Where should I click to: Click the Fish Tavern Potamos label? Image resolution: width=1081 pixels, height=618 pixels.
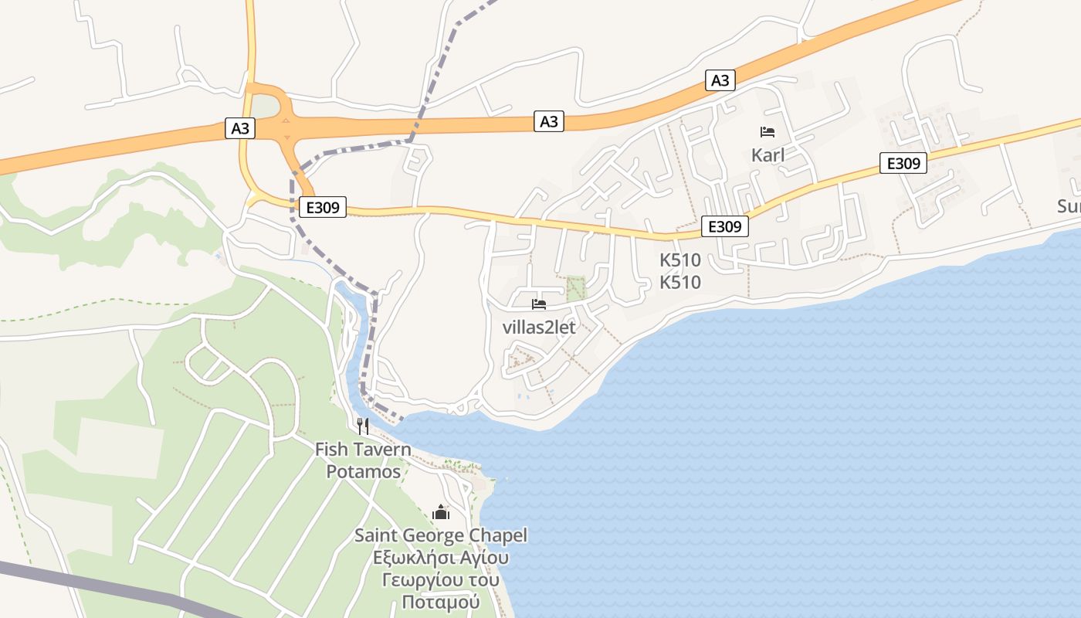coord(362,460)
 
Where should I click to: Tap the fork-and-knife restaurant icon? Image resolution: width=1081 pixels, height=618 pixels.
coord(362,426)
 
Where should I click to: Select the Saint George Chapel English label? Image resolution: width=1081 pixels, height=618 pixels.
coord(440,535)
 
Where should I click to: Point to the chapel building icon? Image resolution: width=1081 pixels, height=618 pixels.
coord(441,511)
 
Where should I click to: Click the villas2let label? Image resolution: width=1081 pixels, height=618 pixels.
coord(539,327)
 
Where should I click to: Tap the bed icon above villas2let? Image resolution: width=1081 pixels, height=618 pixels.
coord(539,304)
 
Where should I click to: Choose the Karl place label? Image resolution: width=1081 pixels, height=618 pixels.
coord(768,155)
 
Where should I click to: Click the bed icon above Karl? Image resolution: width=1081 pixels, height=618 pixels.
coord(768,132)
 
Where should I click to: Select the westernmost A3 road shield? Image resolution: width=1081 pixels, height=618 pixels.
coord(240,127)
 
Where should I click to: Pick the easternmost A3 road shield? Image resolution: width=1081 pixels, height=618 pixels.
coord(720,80)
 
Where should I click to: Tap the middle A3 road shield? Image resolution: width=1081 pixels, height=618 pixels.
coord(548,121)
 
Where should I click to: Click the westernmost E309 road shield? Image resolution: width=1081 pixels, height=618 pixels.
coord(323,206)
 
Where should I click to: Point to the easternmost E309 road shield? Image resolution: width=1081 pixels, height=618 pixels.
coord(903,163)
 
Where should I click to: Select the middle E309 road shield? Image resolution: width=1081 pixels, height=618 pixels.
coord(725,226)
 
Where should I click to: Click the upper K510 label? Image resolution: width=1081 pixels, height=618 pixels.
coord(680,260)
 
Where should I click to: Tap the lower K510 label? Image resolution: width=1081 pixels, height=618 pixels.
coord(680,283)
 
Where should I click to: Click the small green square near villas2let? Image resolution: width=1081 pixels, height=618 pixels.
coord(576,289)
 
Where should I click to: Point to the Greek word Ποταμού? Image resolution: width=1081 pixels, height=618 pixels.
coord(440,602)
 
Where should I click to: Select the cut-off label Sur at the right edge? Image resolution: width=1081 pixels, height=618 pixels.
coord(1069,206)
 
